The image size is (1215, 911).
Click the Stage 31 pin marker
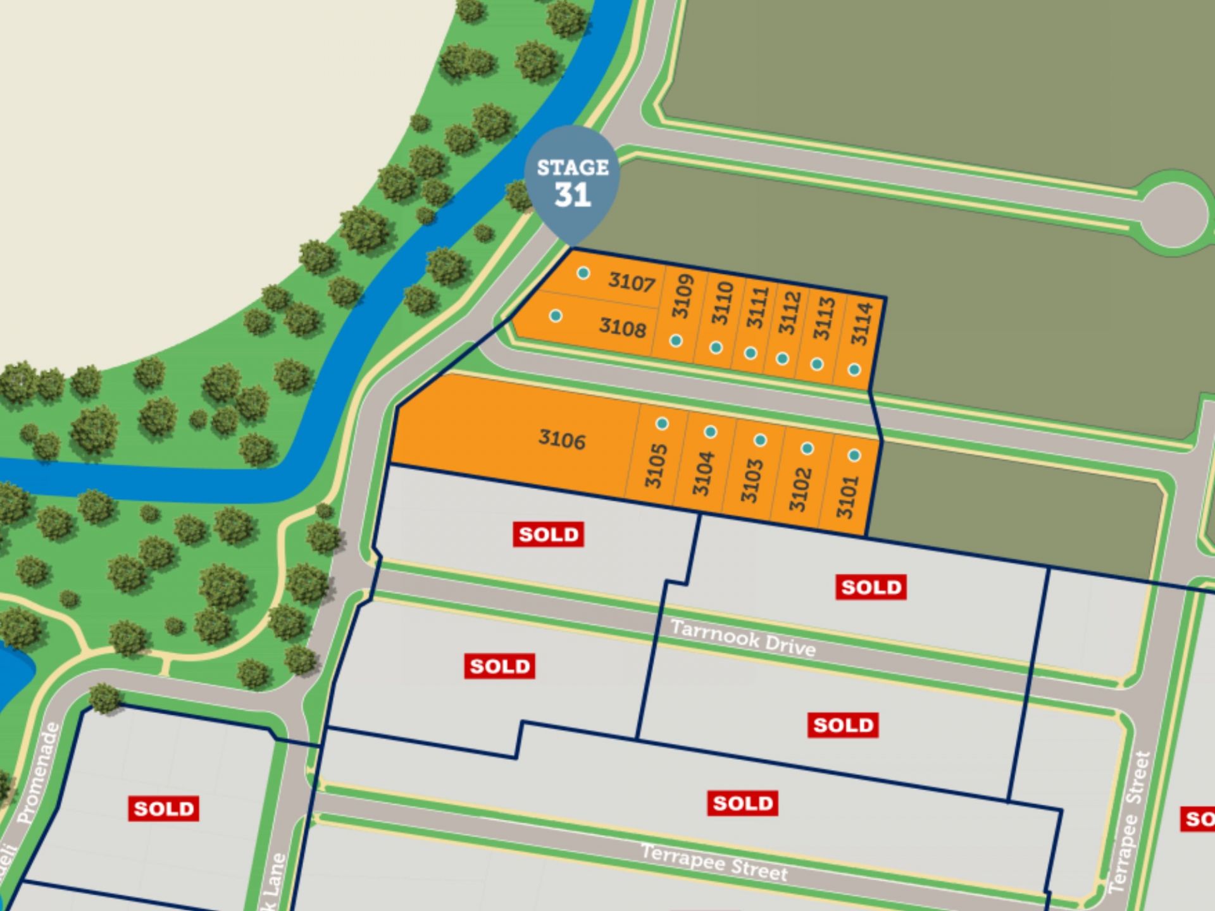[572, 183]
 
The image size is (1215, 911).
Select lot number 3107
[631, 282]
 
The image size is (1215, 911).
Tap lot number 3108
[623, 327]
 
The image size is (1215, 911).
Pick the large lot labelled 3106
[562, 439]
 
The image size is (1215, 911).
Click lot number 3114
[862, 324]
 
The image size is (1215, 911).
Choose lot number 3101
[847, 497]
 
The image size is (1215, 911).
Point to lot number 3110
[722, 303]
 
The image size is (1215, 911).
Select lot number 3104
[703, 473]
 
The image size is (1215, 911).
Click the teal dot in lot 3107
[583, 273]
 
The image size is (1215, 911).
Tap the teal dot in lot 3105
[662, 423]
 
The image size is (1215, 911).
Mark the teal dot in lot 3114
[854, 369]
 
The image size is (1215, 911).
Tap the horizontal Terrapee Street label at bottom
[714, 863]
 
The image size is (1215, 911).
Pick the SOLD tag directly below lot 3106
[548, 535]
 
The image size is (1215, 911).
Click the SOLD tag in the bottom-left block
[163, 809]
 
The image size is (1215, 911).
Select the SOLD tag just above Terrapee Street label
[742, 803]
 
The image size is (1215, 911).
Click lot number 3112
[790, 313]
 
